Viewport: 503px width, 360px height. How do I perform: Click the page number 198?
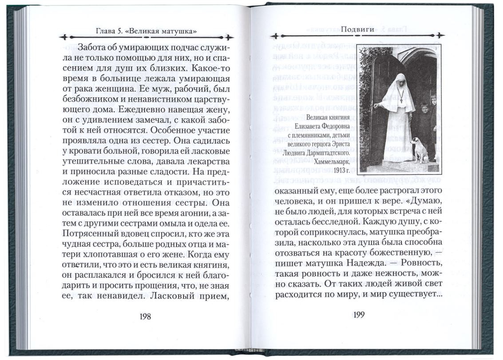click(x=145, y=316)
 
